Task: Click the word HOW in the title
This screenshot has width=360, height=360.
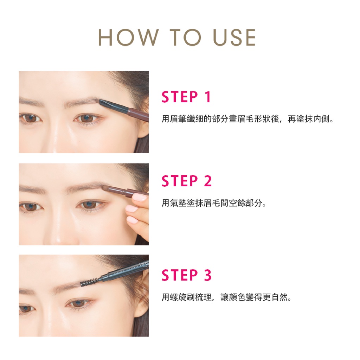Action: click(x=129, y=37)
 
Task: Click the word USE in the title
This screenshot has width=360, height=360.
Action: click(x=234, y=37)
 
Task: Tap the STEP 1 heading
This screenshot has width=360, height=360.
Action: click(x=186, y=97)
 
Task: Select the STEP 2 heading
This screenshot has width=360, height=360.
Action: click(x=186, y=181)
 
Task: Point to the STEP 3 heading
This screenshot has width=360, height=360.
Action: click(x=186, y=275)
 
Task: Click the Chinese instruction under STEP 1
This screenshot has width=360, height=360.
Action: click(x=247, y=119)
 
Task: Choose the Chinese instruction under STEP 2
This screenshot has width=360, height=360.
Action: click(x=214, y=203)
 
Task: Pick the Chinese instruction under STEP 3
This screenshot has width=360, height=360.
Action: click(x=226, y=297)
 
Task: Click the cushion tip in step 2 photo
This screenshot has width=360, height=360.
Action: click(x=105, y=188)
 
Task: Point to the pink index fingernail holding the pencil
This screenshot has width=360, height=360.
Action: click(x=139, y=198)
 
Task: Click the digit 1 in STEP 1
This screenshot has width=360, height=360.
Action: click(x=207, y=97)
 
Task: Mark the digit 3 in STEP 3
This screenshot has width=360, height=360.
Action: click(x=207, y=275)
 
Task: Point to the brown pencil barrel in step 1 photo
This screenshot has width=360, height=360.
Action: click(x=138, y=114)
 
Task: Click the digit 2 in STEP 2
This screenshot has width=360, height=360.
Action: click(x=207, y=181)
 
